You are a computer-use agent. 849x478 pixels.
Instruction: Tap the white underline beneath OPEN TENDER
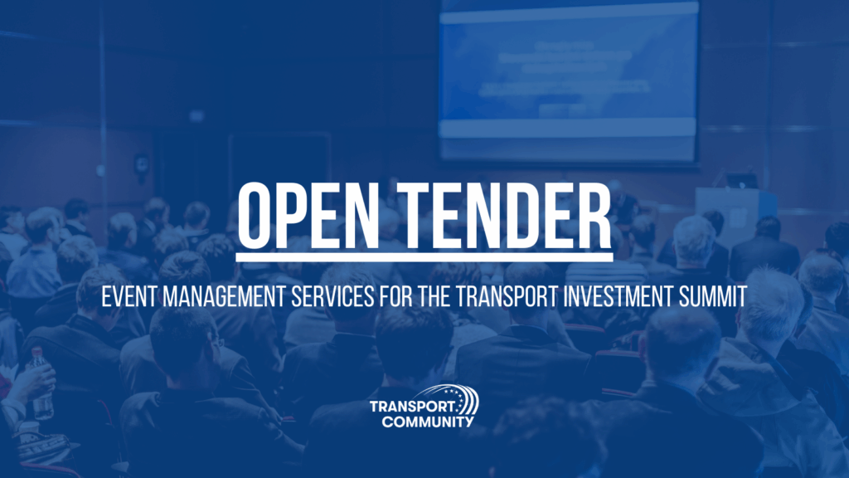pyautogui.click(x=424, y=257)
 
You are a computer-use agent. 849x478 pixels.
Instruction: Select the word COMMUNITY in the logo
pyautogui.click(x=428, y=422)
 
